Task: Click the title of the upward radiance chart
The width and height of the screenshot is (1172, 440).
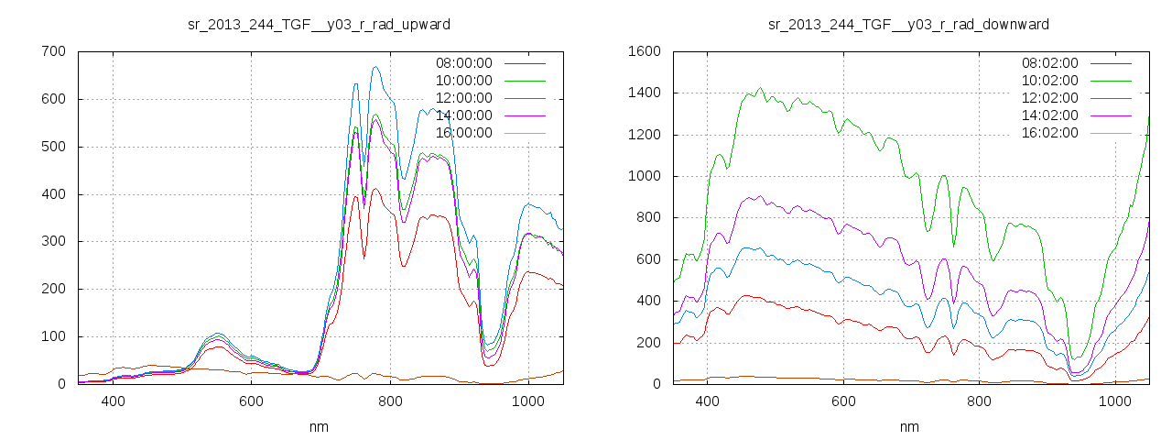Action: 319,24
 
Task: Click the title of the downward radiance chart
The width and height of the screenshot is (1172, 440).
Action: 908,24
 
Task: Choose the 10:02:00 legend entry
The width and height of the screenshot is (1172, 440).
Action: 1049,81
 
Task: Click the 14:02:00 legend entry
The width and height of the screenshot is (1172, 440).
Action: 1049,115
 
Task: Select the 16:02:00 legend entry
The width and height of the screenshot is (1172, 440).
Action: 1049,133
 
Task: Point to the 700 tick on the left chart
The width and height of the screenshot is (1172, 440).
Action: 53,51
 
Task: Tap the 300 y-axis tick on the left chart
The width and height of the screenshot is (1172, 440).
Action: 53,241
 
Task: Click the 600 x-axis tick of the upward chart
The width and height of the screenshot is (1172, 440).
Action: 252,401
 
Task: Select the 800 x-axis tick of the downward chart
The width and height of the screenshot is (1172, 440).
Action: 980,401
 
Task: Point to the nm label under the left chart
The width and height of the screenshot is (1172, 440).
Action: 319,426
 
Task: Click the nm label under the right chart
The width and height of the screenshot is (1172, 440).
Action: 909,426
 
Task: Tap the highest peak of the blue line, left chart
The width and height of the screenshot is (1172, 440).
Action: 375,67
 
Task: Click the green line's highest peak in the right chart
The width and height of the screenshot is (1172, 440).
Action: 760,89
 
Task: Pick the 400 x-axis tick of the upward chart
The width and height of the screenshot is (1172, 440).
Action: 113,401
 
